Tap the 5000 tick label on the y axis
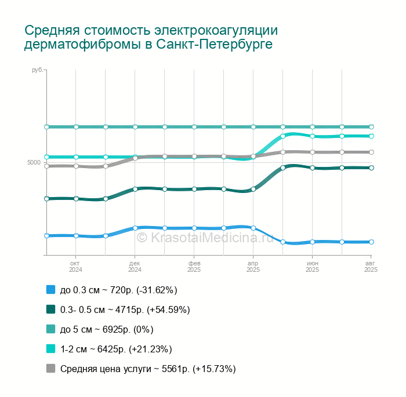[x=34, y=162]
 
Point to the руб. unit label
[x=37, y=70]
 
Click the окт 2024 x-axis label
[x=76, y=267]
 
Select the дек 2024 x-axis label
[x=135, y=267]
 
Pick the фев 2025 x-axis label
[x=194, y=267]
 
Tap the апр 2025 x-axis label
[x=253, y=267]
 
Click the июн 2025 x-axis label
[x=312, y=267]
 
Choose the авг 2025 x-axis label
[x=371, y=267]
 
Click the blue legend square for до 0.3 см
[x=50, y=290]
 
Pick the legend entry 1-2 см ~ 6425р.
[x=116, y=349]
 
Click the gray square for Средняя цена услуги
[x=50, y=369]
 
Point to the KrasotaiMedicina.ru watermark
[x=204, y=237]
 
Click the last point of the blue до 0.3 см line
[x=371, y=242]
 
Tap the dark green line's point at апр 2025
[x=253, y=189]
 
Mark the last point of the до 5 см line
[x=371, y=127]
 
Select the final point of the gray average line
[x=371, y=152]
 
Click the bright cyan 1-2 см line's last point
[x=371, y=136]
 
